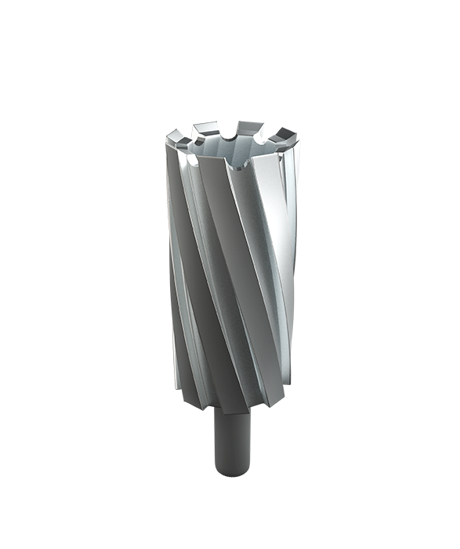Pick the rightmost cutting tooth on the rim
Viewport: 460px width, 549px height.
(x=289, y=136)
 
